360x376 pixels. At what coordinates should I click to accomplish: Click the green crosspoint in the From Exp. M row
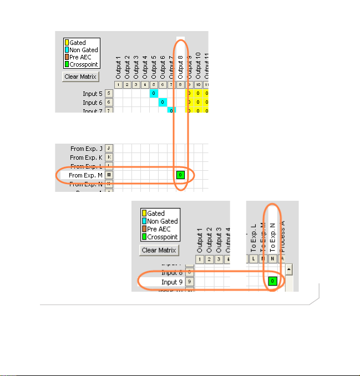point(180,175)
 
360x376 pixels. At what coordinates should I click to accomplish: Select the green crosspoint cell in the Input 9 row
point(272,281)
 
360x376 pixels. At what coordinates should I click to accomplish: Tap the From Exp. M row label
point(85,175)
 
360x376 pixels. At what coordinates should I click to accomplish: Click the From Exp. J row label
point(86,149)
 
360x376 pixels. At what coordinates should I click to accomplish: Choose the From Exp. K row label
point(86,157)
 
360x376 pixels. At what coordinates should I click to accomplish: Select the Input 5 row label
point(92,94)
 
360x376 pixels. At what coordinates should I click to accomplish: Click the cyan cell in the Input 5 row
point(154,94)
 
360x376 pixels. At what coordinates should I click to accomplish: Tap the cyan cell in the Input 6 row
point(163,103)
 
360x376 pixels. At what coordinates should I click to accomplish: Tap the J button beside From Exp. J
point(109,149)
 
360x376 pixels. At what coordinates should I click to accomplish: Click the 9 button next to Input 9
point(189,282)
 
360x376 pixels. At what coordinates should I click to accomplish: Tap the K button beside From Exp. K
point(109,157)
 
